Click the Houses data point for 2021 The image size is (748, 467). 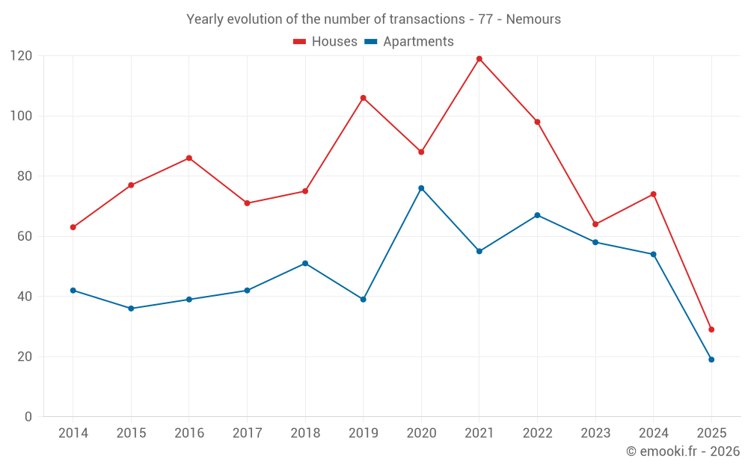tap(479, 59)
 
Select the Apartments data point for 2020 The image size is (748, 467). tap(421, 188)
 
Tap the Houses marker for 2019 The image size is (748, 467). tap(364, 98)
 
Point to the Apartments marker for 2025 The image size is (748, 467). tap(711, 359)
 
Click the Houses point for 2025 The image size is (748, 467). tap(711, 330)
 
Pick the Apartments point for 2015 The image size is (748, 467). tap(131, 309)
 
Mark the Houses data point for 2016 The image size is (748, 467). tap(189, 158)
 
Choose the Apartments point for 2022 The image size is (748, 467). tap(537, 215)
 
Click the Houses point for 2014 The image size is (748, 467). tap(73, 227)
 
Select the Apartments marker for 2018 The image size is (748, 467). tap(305, 263)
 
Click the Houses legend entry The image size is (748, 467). tap(325, 42)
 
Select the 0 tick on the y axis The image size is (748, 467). tap(28, 417)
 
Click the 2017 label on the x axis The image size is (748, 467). tap(247, 433)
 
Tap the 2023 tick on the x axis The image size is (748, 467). tap(595, 433)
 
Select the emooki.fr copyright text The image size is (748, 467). tap(682, 451)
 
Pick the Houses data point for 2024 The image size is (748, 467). tap(653, 194)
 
